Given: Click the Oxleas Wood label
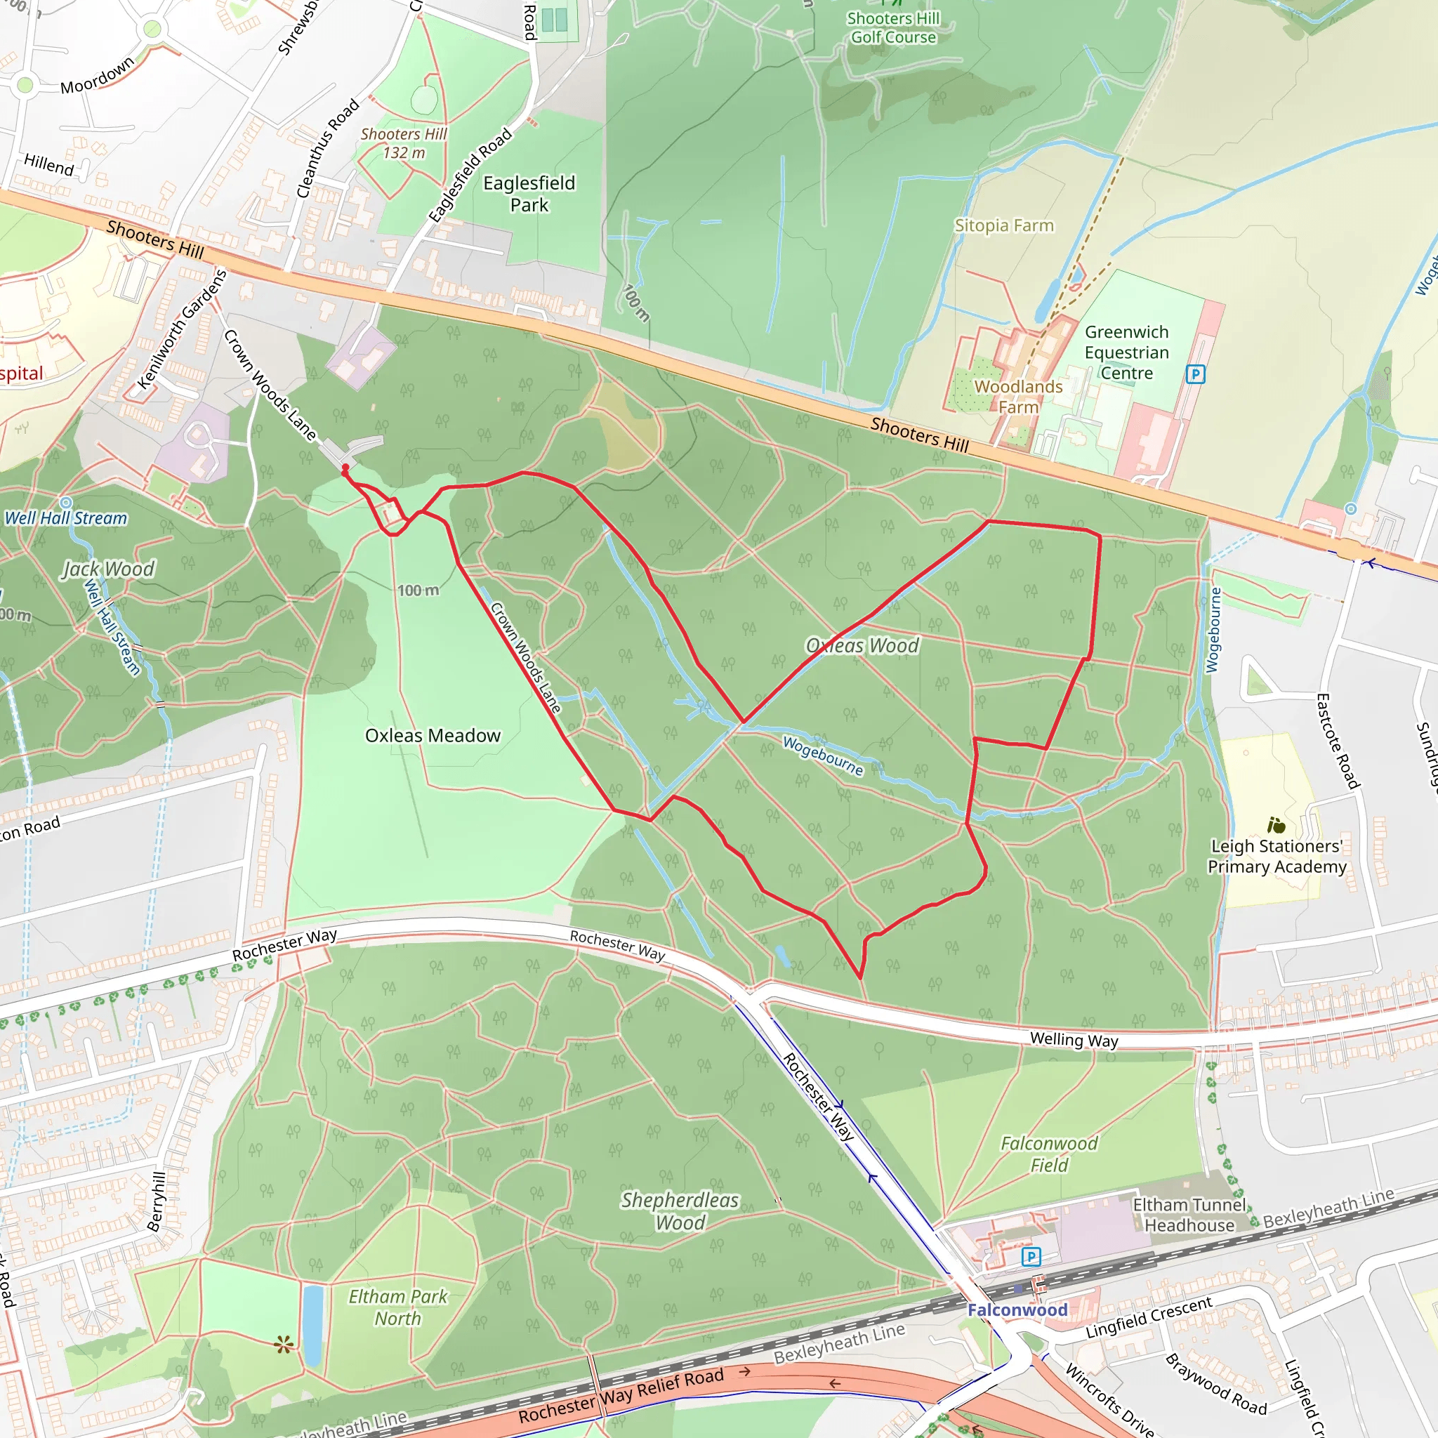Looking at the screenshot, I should [x=863, y=645].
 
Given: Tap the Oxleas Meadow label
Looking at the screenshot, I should [x=433, y=735].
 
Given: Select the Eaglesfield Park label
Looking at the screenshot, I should [x=529, y=194].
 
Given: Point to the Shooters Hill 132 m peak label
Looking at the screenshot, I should [x=404, y=143].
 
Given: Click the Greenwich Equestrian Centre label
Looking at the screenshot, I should [x=1126, y=352].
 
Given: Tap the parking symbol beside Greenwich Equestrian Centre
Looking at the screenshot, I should [x=1195, y=374].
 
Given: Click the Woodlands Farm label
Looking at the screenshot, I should [x=1018, y=397].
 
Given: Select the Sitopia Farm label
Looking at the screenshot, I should [x=1004, y=225].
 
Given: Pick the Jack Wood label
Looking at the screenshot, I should [x=109, y=569].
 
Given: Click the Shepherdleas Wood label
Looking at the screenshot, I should [x=680, y=1211].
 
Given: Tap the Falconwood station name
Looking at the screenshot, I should [x=1017, y=1310].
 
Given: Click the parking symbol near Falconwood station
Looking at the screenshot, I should [x=1031, y=1257].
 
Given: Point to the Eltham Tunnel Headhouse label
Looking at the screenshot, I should [x=1189, y=1215].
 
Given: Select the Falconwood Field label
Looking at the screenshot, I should [x=1049, y=1154].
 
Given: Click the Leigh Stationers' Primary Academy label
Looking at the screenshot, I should [x=1277, y=856].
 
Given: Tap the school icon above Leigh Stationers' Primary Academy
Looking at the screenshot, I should [x=1277, y=825].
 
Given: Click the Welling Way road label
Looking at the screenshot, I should [x=1074, y=1040].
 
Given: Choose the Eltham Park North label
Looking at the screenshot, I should [x=398, y=1307].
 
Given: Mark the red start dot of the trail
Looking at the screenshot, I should [x=345, y=468].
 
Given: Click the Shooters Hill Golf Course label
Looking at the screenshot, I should [x=893, y=27].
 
